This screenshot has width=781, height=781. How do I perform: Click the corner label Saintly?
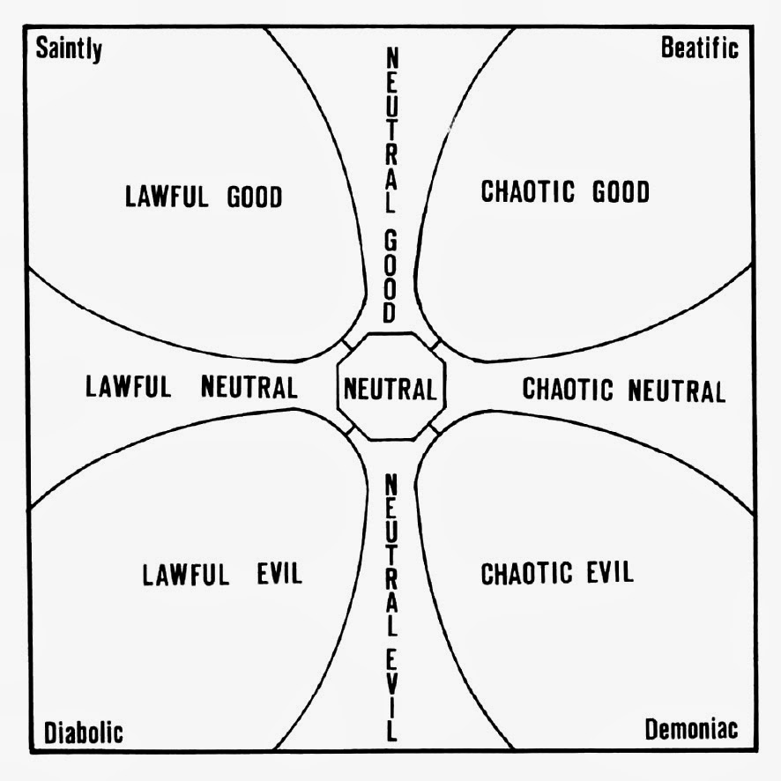point(69,48)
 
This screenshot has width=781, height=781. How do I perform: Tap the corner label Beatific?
point(699,48)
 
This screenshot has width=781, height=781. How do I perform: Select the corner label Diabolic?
point(84,732)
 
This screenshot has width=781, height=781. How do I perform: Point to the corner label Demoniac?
point(691,730)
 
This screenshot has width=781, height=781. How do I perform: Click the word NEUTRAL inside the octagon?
point(390,389)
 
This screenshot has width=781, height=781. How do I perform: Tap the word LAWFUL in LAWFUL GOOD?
point(167,196)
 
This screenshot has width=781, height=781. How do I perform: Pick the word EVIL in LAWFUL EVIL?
point(274,575)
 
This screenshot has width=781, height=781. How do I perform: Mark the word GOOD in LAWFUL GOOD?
point(254,196)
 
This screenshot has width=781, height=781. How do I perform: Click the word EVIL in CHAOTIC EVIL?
point(608,573)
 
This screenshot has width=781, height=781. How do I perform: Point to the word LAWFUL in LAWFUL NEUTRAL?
point(128,387)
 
